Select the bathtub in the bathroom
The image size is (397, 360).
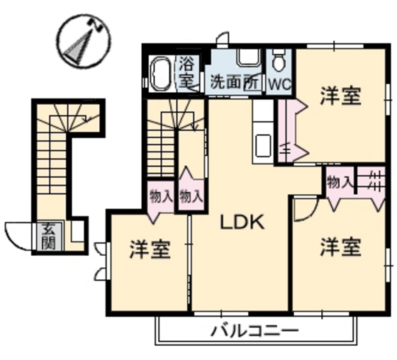(160, 74)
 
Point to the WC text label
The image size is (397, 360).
(279, 83)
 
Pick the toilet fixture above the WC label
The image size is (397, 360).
(279, 61)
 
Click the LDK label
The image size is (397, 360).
(241, 223)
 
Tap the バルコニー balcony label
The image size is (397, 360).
(254, 330)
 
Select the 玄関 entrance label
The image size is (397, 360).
(48, 236)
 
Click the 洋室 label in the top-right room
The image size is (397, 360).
(340, 96)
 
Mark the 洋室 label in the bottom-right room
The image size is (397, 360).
(340, 247)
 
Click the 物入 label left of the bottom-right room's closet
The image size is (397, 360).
(340, 182)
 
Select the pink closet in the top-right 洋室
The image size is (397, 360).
(291, 131)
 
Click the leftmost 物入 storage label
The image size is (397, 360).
(161, 196)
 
